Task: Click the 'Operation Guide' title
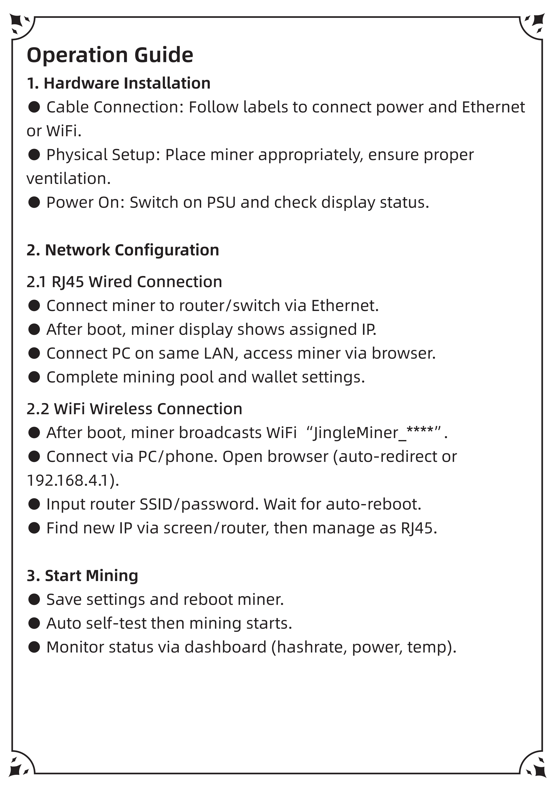click(x=110, y=55)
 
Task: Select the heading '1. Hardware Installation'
click(x=118, y=83)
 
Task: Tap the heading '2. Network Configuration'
click(x=123, y=250)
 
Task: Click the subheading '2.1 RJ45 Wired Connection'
click(x=124, y=282)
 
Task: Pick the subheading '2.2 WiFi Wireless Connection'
click(x=134, y=409)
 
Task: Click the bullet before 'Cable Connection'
click(x=34, y=107)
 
